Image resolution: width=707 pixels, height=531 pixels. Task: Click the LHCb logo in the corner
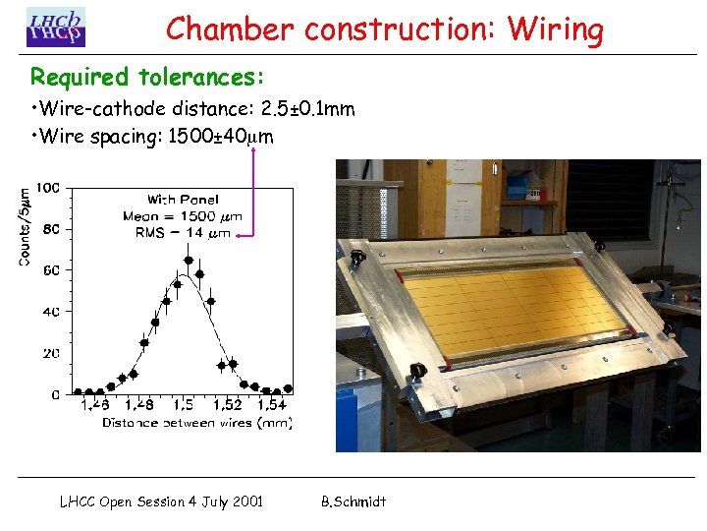[55, 27]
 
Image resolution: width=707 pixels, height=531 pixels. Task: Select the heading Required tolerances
[147, 77]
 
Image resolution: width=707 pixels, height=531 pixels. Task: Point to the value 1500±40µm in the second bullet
[221, 137]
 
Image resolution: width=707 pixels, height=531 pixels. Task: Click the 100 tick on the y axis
[48, 187]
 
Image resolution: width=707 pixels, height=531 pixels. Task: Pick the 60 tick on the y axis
[50, 270]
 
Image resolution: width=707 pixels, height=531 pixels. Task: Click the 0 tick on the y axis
[55, 394]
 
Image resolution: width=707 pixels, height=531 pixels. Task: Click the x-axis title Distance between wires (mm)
[196, 423]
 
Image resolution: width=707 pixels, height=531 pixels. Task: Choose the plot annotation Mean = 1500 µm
[183, 216]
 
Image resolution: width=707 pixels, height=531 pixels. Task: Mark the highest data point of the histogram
[188, 260]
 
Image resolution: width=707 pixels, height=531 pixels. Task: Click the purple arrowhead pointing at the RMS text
[242, 234]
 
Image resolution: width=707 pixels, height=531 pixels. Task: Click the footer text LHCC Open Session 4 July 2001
[161, 501]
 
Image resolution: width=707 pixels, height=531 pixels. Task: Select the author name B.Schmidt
[353, 501]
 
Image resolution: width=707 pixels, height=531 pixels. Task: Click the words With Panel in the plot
[183, 201]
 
